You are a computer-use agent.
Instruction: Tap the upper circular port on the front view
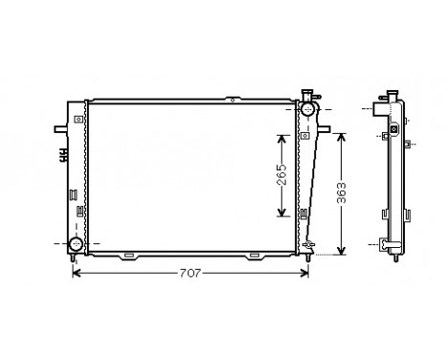[307, 109]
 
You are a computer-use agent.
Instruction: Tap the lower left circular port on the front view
[76, 245]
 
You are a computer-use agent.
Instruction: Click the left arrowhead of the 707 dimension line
[78, 275]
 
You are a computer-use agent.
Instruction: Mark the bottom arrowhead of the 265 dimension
[281, 214]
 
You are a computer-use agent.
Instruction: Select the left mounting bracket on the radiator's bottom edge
[128, 256]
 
